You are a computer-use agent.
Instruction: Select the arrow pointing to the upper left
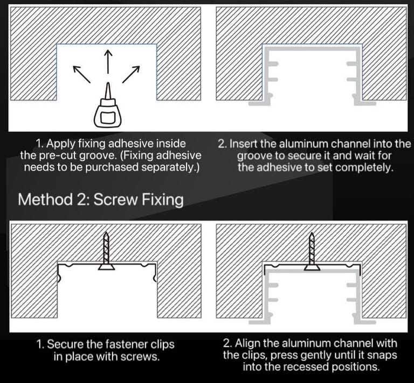point(81,74)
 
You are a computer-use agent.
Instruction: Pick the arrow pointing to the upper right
point(131,74)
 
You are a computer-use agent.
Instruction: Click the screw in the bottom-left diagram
point(107,252)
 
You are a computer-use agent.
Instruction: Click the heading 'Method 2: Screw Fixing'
point(100,200)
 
